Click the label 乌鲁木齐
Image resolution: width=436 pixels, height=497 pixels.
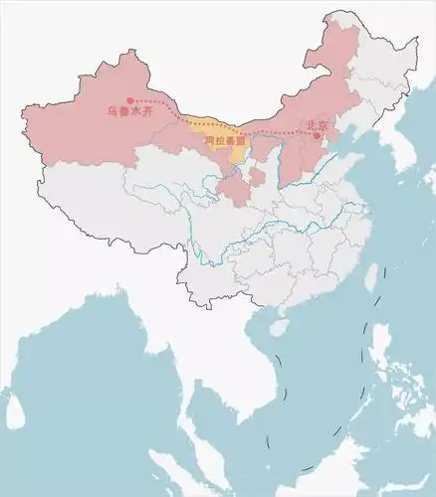pyautogui.click(x=127, y=111)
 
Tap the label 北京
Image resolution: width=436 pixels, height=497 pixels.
pyautogui.click(x=317, y=126)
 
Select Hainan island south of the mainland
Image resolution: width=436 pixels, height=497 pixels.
pyautogui.click(x=281, y=326)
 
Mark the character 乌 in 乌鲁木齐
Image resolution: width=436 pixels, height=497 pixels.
pyautogui.click(x=111, y=111)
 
